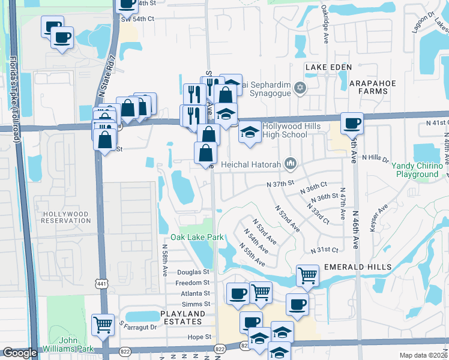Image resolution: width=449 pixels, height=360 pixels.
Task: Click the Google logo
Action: [20, 353]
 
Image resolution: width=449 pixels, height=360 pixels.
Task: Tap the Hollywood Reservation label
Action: [65, 217]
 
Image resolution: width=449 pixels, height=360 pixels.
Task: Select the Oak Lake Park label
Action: [197, 237]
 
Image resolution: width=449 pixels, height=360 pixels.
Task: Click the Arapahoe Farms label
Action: [361, 86]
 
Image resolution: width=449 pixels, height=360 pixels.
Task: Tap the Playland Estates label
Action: [182, 318]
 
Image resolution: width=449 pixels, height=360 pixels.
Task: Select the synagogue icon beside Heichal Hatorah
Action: [291, 163]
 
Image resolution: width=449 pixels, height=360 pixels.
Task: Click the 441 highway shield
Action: [101, 282]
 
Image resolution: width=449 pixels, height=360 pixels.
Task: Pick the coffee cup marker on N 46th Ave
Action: [352, 123]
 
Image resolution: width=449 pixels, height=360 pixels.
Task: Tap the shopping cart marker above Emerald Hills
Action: [307, 276]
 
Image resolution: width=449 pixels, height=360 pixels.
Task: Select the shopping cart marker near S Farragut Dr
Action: [103, 325]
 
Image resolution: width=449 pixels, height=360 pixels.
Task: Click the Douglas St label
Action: [192, 272]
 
